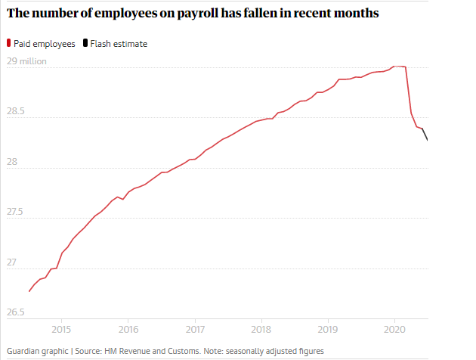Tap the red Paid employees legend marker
8,44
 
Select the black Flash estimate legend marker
85,44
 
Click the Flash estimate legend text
119,44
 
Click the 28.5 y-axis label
17,111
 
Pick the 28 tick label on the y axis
12,162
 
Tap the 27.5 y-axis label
17,213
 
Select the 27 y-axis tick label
12,262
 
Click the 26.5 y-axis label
17,312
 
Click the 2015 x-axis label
61,330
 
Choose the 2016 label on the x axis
128,330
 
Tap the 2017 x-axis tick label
195,330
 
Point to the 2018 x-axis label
261,330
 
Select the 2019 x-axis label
328,330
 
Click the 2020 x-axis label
395,330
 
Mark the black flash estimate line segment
425,134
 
